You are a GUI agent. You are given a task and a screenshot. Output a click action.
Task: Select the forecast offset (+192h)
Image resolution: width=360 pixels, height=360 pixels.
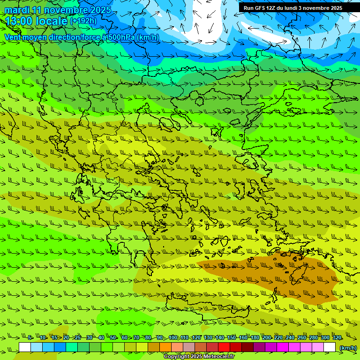point(83,21)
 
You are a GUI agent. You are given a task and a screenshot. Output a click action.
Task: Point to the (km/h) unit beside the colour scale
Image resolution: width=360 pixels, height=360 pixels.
point(347,348)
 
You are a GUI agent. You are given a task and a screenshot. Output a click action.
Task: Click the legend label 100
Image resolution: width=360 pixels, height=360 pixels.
point(173,338)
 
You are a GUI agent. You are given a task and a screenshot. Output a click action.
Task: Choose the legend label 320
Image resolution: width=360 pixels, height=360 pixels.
point(337,338)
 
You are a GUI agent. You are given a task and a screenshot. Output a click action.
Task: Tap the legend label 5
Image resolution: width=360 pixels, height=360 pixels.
point(30,338)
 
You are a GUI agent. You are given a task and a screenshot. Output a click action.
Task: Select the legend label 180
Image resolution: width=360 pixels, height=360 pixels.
point(255,338)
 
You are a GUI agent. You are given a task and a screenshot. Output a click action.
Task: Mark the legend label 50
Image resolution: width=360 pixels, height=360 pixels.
point(113,338)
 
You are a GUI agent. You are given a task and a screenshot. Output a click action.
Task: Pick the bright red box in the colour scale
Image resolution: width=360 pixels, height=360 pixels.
point(224,347)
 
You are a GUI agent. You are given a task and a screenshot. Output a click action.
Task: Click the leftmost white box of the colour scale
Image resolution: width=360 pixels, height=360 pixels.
point(25,347)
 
